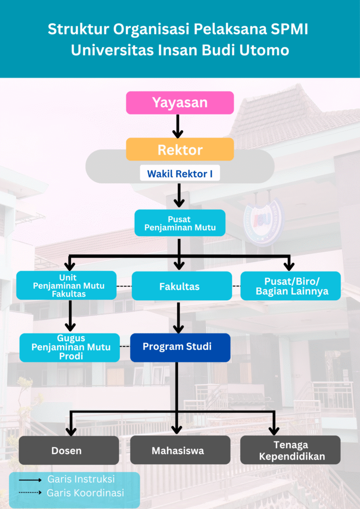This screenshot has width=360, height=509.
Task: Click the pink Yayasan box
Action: [180, 103]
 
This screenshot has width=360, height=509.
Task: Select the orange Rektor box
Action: [180, 149]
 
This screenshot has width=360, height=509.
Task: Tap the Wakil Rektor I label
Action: [180, 174]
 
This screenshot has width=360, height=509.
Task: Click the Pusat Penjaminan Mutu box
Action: [180, 223]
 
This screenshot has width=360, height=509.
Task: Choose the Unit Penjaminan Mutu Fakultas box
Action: [67, 285]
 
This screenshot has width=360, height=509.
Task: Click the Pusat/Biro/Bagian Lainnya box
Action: [291, 286]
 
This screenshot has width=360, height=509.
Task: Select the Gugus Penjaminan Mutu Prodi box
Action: [70, 347]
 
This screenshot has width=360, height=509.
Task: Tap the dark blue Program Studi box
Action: [180, 347]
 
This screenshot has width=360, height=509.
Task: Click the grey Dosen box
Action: [69, 450]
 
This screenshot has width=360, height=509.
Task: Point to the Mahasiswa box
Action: [180, 450]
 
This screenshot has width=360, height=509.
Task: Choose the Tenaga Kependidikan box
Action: [290, 450]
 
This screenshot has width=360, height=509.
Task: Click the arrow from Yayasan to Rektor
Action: [178, 126]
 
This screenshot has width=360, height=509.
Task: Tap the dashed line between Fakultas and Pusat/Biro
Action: [236, 286]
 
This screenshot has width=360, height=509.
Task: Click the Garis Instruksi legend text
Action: [81, 479]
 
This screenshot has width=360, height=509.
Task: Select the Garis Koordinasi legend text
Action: [85, 493]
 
